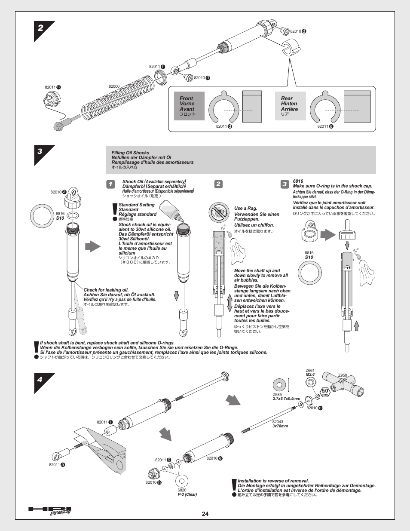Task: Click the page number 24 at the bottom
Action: click(205, 514)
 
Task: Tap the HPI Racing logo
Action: click(49, 510)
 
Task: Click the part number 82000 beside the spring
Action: click(114, 86)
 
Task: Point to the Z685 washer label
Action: click(277, 394)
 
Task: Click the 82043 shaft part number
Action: click(278, 422)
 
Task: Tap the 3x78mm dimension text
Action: click(280, 426)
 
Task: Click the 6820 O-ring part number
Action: click(182, 490)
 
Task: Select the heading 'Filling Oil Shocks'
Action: click(130, 153)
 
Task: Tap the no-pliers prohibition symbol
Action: click(219, 212)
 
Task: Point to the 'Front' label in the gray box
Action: click(186, 98)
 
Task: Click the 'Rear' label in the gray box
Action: click(287, 98)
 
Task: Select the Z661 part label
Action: click(310, 370)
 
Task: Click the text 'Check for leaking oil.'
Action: click(106, 290)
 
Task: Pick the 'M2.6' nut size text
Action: click(310, 374)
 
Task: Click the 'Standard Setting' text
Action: click(136, 205)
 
